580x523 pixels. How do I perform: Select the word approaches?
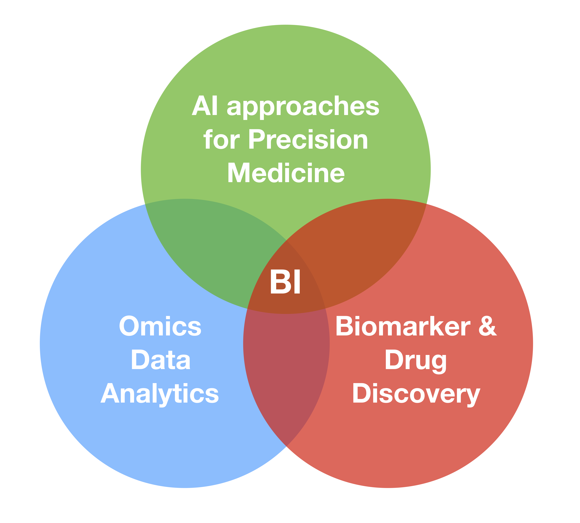[x=303, y=107]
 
